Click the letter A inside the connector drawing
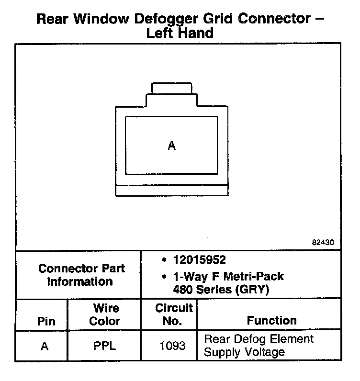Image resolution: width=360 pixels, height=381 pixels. coord(172,146)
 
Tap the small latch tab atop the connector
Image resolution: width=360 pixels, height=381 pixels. coord(172,88)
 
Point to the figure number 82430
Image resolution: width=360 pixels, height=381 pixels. coord(323,242)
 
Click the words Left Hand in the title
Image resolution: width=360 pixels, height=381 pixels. coord(179,33)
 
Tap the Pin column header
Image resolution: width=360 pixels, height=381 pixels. coord(46,321)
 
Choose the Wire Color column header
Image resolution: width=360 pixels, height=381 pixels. coord(104,314)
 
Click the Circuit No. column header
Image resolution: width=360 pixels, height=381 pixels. coord(173,314)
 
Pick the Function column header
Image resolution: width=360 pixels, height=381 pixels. coord(271,320)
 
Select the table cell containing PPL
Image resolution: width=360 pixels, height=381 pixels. coord(104,346)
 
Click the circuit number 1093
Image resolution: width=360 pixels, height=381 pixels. coord(172,346)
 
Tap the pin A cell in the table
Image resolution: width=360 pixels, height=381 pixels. coord(45,346)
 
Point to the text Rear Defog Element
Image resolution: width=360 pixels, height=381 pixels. coord(259,339)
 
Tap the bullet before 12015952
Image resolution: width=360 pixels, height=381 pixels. coord(164,260)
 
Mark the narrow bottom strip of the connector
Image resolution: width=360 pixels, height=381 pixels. coord(172,190)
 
